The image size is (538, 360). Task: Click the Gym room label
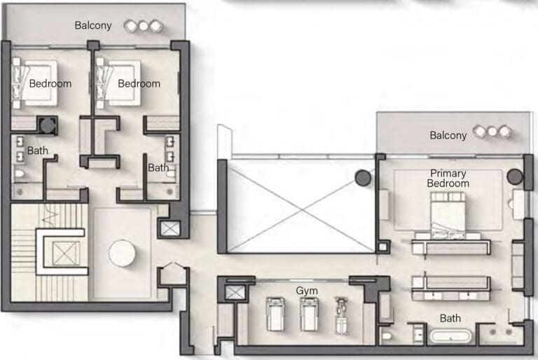pos(306,291)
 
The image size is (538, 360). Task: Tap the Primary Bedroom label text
pos(448,179)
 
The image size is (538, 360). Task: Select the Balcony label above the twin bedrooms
pos(93,25)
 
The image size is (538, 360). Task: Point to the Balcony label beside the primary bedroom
pos(448,136)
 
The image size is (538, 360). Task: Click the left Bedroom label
pos(50,83)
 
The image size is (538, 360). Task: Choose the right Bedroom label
pos(139,83)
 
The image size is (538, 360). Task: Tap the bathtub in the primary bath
pos(450,335)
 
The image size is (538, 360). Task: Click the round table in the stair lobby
pos(122,254)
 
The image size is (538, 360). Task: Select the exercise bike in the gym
pos(341,316)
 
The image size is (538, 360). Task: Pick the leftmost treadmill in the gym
pos(275,314)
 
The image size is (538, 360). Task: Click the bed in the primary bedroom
pos(448,216)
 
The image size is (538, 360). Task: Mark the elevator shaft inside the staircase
pos(66,253)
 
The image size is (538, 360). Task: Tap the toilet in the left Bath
pos(20,174)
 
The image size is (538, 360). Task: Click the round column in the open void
pos(363,178)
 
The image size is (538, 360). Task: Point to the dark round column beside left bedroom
pos(48,125)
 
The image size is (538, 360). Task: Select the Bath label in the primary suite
pos(450,319)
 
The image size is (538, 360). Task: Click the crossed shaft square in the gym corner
pos(235,293)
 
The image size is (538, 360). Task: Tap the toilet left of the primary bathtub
pos(387,335)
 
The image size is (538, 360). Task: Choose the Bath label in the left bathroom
pos(37,151)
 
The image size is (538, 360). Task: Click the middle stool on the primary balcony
pos(492,132)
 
